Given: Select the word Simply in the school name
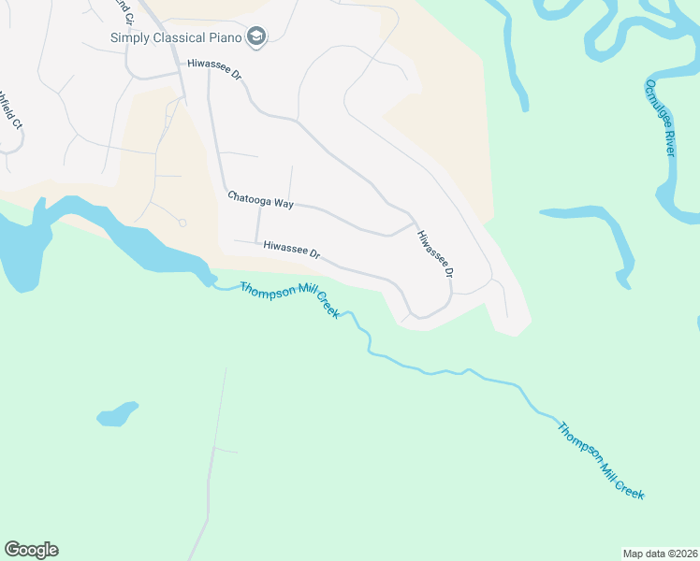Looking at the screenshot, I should tap(129, 38).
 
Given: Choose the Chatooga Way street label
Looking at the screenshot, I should tap(260, 198).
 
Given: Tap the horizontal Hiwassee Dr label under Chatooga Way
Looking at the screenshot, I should tap(292, 250).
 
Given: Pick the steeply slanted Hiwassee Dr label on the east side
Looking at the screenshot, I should tap(435, 253).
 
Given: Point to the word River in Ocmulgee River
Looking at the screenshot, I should tap(668, 144).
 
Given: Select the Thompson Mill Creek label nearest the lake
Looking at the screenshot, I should tap(289, 301).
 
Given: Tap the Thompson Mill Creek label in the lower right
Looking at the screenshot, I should tap(601, 461).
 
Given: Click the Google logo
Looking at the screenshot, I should tap(31, 550).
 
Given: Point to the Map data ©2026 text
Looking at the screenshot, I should tap(660, 553).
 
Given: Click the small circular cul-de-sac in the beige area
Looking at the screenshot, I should tap(182, 223).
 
